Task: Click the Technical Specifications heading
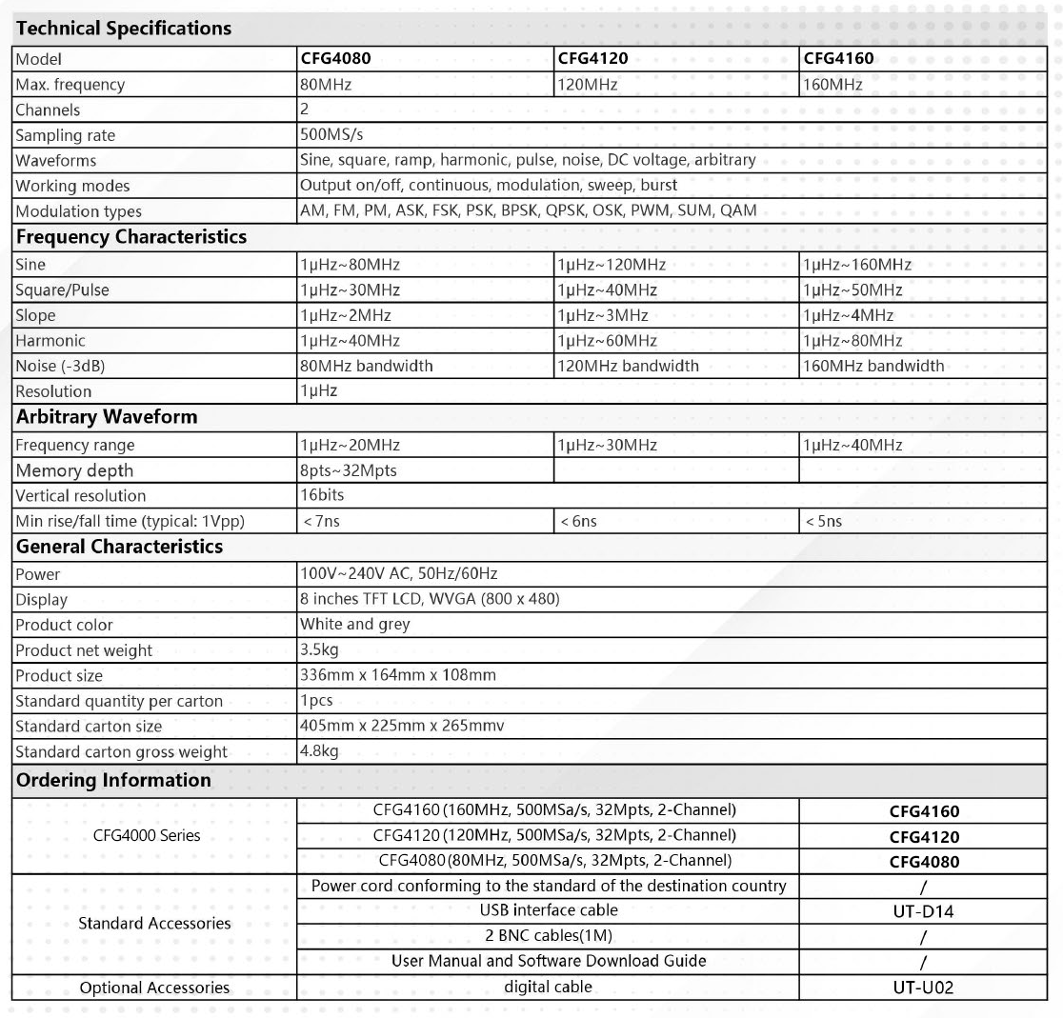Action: (124, 29)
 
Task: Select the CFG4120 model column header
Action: (592, 59)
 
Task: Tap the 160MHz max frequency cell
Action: (833, 85)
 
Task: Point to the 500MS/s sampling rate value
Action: (331, 135)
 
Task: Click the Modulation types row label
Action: (78, 211)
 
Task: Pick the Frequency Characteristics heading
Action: (131, 237)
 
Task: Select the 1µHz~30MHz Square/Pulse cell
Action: (350, 290)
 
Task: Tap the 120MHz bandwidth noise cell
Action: (628, 366)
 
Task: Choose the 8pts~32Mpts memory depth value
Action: (348, 470)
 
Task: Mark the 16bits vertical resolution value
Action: (322, 495)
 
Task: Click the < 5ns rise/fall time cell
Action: (823, 522)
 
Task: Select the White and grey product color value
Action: (354, 625)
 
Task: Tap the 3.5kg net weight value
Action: (319, 650)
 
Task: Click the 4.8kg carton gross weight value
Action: (319, 751)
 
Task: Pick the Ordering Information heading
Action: (113, 780)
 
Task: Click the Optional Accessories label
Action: (154, 988)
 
